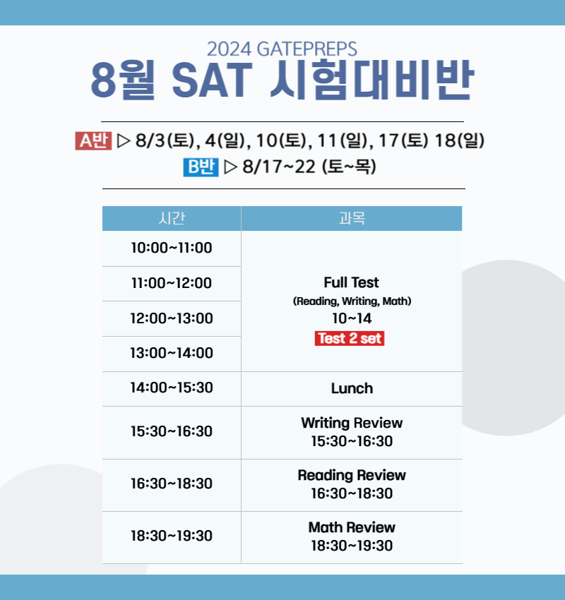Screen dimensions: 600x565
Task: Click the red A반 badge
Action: (x=93, y=141)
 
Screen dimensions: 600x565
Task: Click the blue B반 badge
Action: (x=201, y=167)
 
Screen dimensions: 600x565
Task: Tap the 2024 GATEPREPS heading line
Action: (x=282, y=49)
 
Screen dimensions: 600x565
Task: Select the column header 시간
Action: (x=172, y=218)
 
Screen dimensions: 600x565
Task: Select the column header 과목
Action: (x=352, y=218)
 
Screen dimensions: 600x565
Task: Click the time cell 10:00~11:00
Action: (x=172, y=248)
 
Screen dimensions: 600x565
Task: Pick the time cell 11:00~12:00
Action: (x=172, y=283)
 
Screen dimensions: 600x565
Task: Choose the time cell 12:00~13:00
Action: (x=172, y=318)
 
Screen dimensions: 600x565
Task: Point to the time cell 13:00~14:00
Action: (x=172, y=353)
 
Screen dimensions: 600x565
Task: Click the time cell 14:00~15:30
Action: (x=172, y=388)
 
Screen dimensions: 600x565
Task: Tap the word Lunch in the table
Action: (x=352, y=388)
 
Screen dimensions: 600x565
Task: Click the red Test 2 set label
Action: (x=350, y=339)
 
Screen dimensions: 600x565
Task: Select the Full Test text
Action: (x=352, y=282)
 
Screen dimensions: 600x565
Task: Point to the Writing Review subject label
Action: (x=352, y=423)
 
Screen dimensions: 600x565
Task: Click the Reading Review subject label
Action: (x=352, y=475)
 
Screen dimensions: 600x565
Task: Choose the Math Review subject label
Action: (x=352, y=527)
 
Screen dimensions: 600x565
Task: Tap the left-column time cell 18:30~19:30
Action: (x=172, y=536)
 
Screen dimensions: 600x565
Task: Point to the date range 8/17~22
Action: (x=279, y=167)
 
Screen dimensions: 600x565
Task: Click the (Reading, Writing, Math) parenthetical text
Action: (x=352, y=301)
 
